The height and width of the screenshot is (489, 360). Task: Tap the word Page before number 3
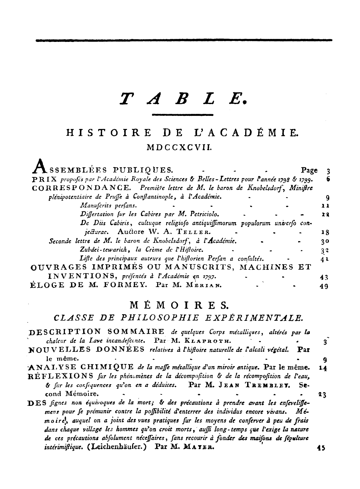pos(309,170)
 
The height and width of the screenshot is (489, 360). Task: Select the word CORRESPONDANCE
pos(82,188)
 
